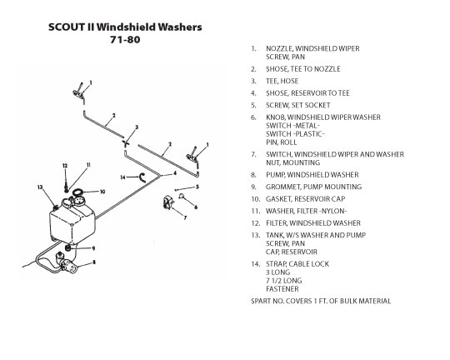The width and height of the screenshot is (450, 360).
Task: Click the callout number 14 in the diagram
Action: pyautogui.click(x=122, y=177)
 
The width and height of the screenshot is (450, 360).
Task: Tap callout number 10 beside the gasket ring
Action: pyautogui.click(x=102, y=192)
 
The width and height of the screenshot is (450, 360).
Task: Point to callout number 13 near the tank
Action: pyautogui.click(x=40, y=187)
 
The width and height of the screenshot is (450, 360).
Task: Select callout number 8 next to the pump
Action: pyautogui.click(x=94, y=262)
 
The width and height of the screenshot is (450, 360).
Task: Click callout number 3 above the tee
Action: pyautogui.click(x=137, y=127)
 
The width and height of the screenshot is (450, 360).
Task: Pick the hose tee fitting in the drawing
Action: pyautogui.click(x=126, y=143)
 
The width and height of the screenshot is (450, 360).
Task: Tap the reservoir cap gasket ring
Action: pyautogui.click(x=77, y=192)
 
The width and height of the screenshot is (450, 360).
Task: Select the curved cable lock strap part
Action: pyautogui.click(x=142, y=178)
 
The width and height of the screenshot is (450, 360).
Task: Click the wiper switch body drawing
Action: pyautogui.click(x=168, y=202)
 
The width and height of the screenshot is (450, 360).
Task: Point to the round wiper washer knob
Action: pyautogui.click(x=182, y=196)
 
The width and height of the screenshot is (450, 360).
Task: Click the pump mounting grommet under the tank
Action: pyautogui.click(x=68, y=247)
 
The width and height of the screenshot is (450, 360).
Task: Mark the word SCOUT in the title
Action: pyautogui.click(x=66, y=27)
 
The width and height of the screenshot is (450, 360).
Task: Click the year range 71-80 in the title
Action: pyautogui.click(x=125, y=39)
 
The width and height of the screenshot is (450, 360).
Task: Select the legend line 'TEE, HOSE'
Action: pyautogui.click(x=282, y=81)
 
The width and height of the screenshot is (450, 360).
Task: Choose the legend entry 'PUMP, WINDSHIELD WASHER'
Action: pyautogui.click(x=312, y=175)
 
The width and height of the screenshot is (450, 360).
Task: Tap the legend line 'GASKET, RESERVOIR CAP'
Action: pyautogui.click(x=305, y=199)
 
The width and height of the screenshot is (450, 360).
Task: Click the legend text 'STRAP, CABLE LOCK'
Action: pyautogui.click(x=297, y=264)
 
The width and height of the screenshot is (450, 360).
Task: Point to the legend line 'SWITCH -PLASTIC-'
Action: pyautogui.click(x=295, y=134)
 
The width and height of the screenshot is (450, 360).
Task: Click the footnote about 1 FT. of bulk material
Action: pyautogui.click(x=321, y=301)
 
